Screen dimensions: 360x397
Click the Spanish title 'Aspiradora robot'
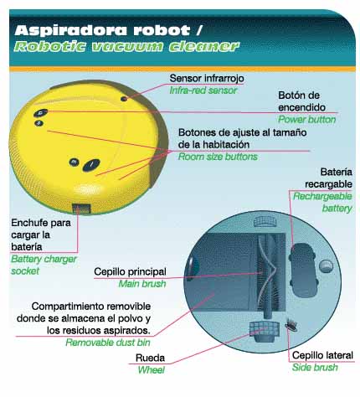click(x=102, y=30)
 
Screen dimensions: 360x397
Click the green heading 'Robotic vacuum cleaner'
click(x=126, y=46)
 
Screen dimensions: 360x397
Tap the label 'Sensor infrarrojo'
click(x=207, y=78)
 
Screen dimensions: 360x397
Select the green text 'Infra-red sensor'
click(x=203, y=90)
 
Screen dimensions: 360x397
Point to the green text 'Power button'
click(x=306, y=120)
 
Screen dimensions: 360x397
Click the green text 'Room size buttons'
click(x=218, y=157)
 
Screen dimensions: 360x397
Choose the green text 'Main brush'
click(x=142, y=284)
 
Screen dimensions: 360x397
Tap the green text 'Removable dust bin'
click(x=108, y=343)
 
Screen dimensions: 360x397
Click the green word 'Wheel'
click(x=151, y=370)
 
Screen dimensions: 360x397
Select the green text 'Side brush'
click(x=315, y=368)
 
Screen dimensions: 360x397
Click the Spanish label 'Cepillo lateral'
click(x=322, y=355)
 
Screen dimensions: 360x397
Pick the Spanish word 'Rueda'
click(x=150, y=358)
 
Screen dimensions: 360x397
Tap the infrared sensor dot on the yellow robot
click(x=124, y=99)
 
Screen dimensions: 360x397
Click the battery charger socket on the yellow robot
click(x=81, y=209)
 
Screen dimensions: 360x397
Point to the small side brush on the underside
click(x=291, y=326)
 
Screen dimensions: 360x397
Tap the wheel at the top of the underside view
click(x=265, y=221)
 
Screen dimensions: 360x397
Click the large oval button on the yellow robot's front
click(x=91, y=165)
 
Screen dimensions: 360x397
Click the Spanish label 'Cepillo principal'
click(x=130, y=271)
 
